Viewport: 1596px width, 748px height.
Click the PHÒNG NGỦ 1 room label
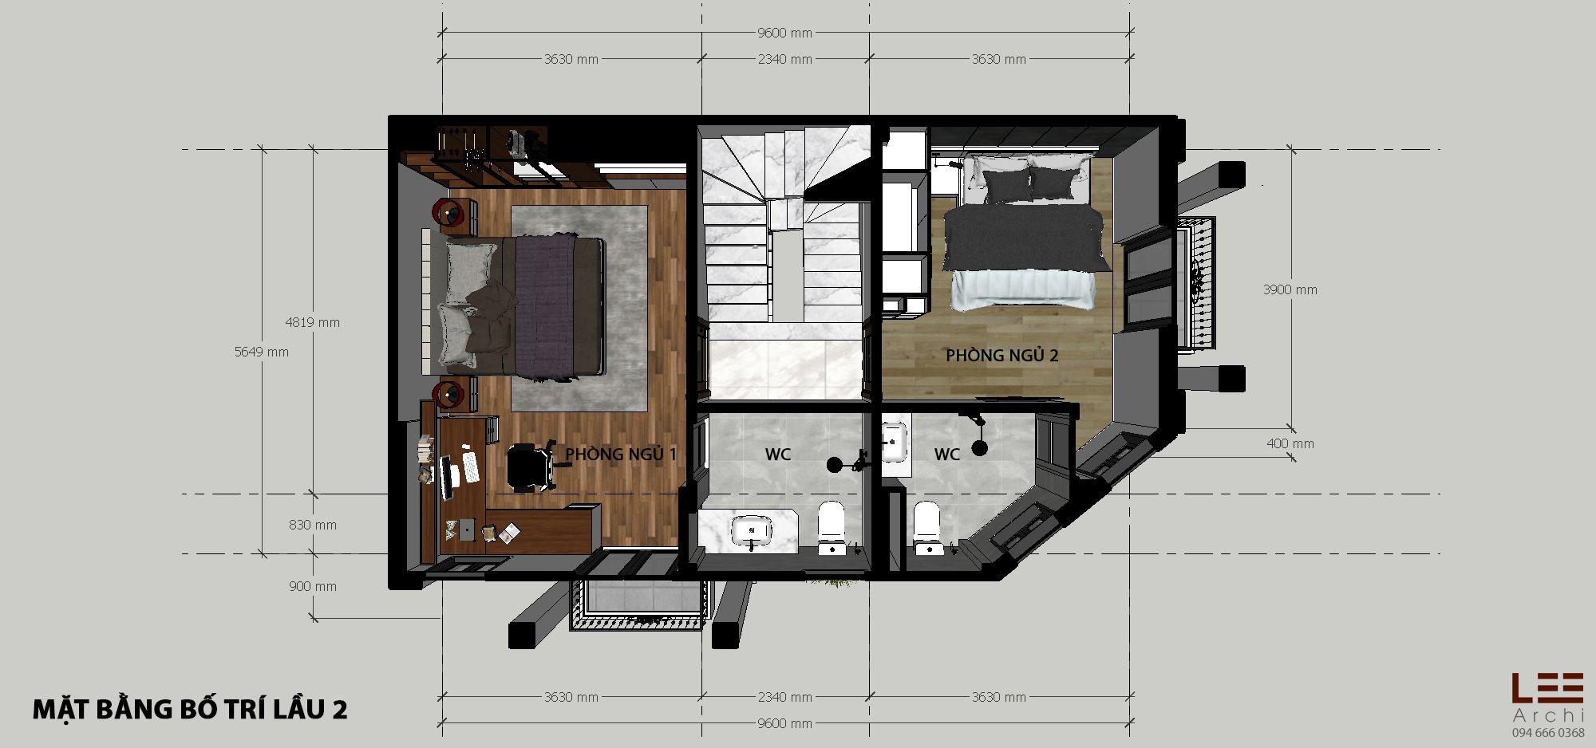click(621, 455)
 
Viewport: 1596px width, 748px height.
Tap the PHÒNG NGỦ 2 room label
click(1002, 356)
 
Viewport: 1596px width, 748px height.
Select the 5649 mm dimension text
click(262, 352)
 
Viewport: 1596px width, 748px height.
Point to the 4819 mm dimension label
click(313, 323)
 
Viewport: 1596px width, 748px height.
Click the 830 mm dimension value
click(313, 525)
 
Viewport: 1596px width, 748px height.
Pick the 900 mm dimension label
click(313, 586)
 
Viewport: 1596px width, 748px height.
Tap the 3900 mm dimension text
click(1290, 289)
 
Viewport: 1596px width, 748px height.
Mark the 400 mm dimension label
click(1290, 443)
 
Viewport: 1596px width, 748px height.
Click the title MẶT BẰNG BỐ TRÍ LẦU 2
click(190, 709)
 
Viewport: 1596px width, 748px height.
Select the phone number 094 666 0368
click(1548, 733)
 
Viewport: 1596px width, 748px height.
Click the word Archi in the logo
click(1548, 715)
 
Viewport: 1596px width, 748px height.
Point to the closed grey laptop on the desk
click(467, 530)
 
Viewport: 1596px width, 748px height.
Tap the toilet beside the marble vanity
click(831, 526)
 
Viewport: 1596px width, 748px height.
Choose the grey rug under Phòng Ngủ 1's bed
click(579, 309)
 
